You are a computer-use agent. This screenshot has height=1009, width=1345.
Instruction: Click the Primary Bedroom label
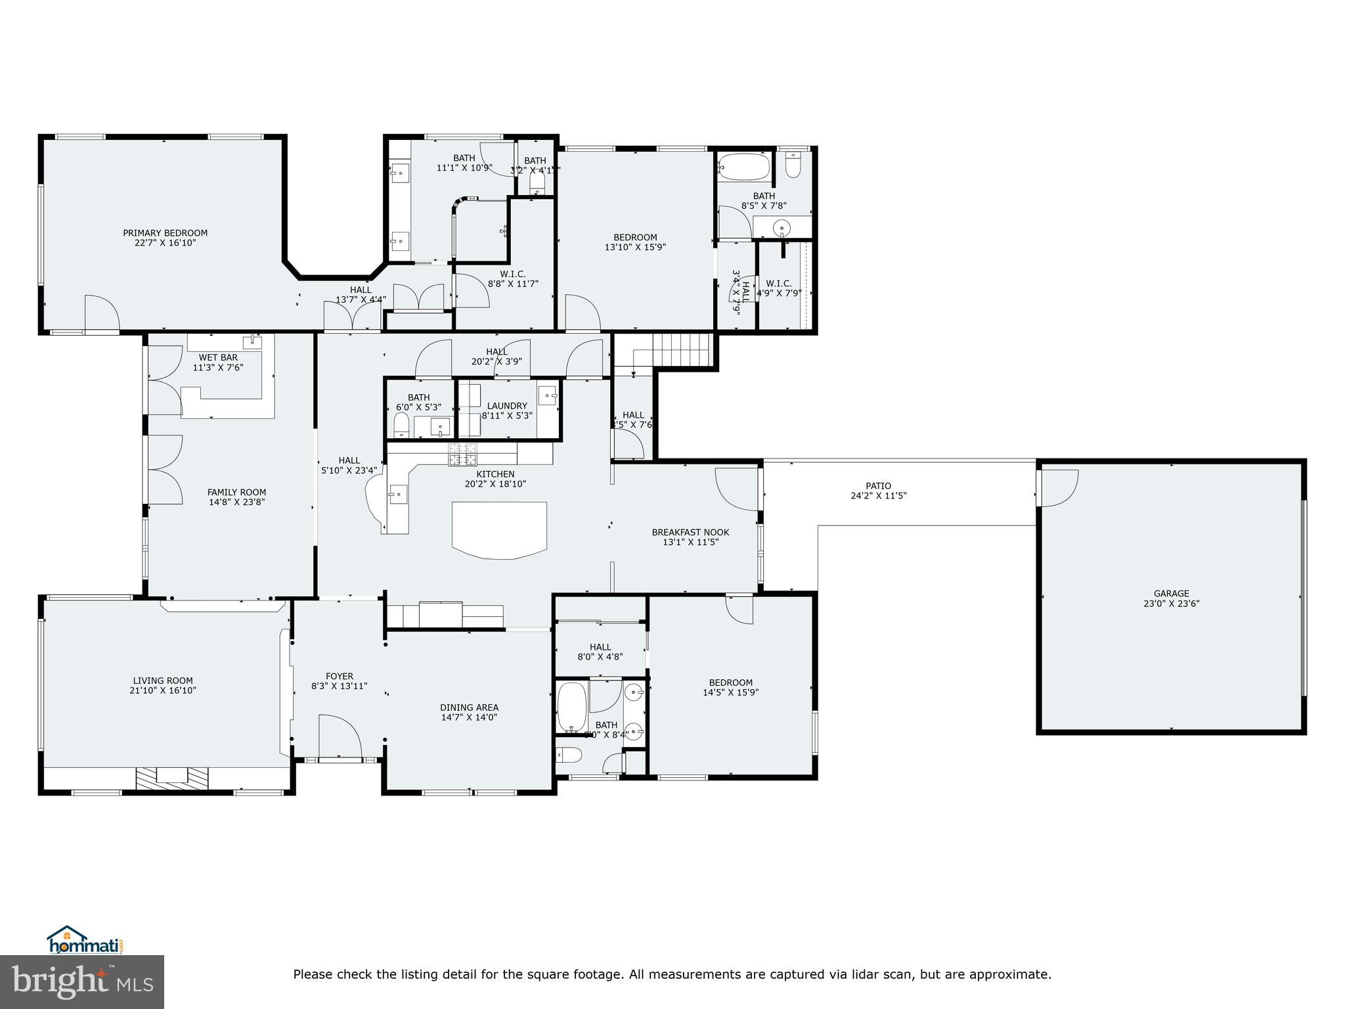click(x=165, y=233)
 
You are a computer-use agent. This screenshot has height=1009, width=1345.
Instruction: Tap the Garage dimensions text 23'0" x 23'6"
click(x=1171, y=604)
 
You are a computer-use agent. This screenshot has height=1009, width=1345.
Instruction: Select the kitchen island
click(x=499, y=529)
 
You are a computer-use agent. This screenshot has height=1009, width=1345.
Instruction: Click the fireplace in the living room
click(x=173, y=778)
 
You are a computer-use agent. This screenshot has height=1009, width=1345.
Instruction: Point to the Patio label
click(x=878, y=486)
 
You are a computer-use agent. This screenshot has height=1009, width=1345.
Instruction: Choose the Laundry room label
click(x=507, y=406)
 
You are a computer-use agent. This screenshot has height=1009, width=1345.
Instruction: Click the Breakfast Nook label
click(x=690, y=532)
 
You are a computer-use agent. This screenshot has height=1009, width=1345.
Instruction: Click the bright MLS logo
click(x=82, y=981)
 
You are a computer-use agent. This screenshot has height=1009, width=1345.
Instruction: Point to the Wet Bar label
click(x=218, y=357)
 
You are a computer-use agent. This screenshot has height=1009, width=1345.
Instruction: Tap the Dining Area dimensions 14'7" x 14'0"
click(x=469, y=717)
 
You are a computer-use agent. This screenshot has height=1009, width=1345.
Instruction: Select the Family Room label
click(x=236, y=492)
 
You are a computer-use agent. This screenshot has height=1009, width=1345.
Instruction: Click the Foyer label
click(x=340, y=676)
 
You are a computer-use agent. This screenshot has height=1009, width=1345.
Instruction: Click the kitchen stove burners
click(x=463, y=455)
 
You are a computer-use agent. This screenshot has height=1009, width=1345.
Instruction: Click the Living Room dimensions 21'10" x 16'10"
click(x=163, y=690)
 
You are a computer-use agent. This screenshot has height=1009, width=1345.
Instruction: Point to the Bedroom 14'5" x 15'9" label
click(x=730, y=683)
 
